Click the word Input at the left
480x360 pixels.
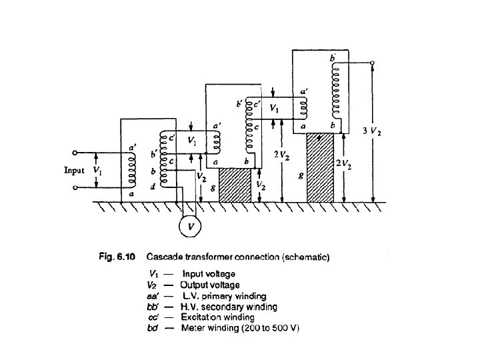point(74,170)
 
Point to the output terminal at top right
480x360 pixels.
point(373,63)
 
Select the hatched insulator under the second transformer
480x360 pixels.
point(234,185)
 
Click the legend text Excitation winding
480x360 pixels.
point(220,317)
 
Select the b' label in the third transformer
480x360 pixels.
point(333,59)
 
